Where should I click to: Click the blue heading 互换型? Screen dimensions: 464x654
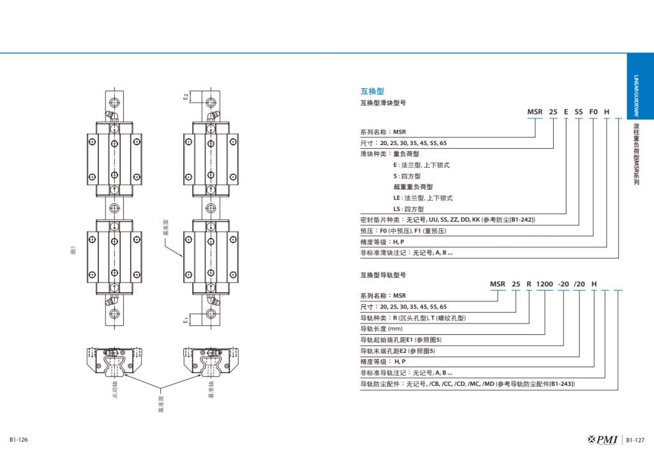(x=372, y=91)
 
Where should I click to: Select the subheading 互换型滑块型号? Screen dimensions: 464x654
(x=383, y=102)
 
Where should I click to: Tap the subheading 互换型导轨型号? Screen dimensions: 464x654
(x=383, y=275)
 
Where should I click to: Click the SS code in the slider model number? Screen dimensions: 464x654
(x=579, y=111)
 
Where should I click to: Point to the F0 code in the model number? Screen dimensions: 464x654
(x=593, y=111)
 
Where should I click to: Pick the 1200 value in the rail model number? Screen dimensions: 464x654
(x=544, y=284)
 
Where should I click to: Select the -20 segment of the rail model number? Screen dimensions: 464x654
(x=563, y=284)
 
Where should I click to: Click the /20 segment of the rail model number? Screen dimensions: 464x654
(x=579, y=284)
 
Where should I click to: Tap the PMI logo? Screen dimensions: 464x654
(x=603, y=439)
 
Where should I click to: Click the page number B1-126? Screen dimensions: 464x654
(x=19, y=440)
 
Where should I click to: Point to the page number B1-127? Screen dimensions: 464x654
(x=635, y=440)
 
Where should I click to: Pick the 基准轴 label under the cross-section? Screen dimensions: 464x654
(x=211, y=392)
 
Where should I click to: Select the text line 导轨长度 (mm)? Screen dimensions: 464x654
(x=382, y=329)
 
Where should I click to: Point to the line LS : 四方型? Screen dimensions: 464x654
(x=409, y=209)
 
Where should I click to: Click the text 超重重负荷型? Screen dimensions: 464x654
(x=413, y=187)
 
